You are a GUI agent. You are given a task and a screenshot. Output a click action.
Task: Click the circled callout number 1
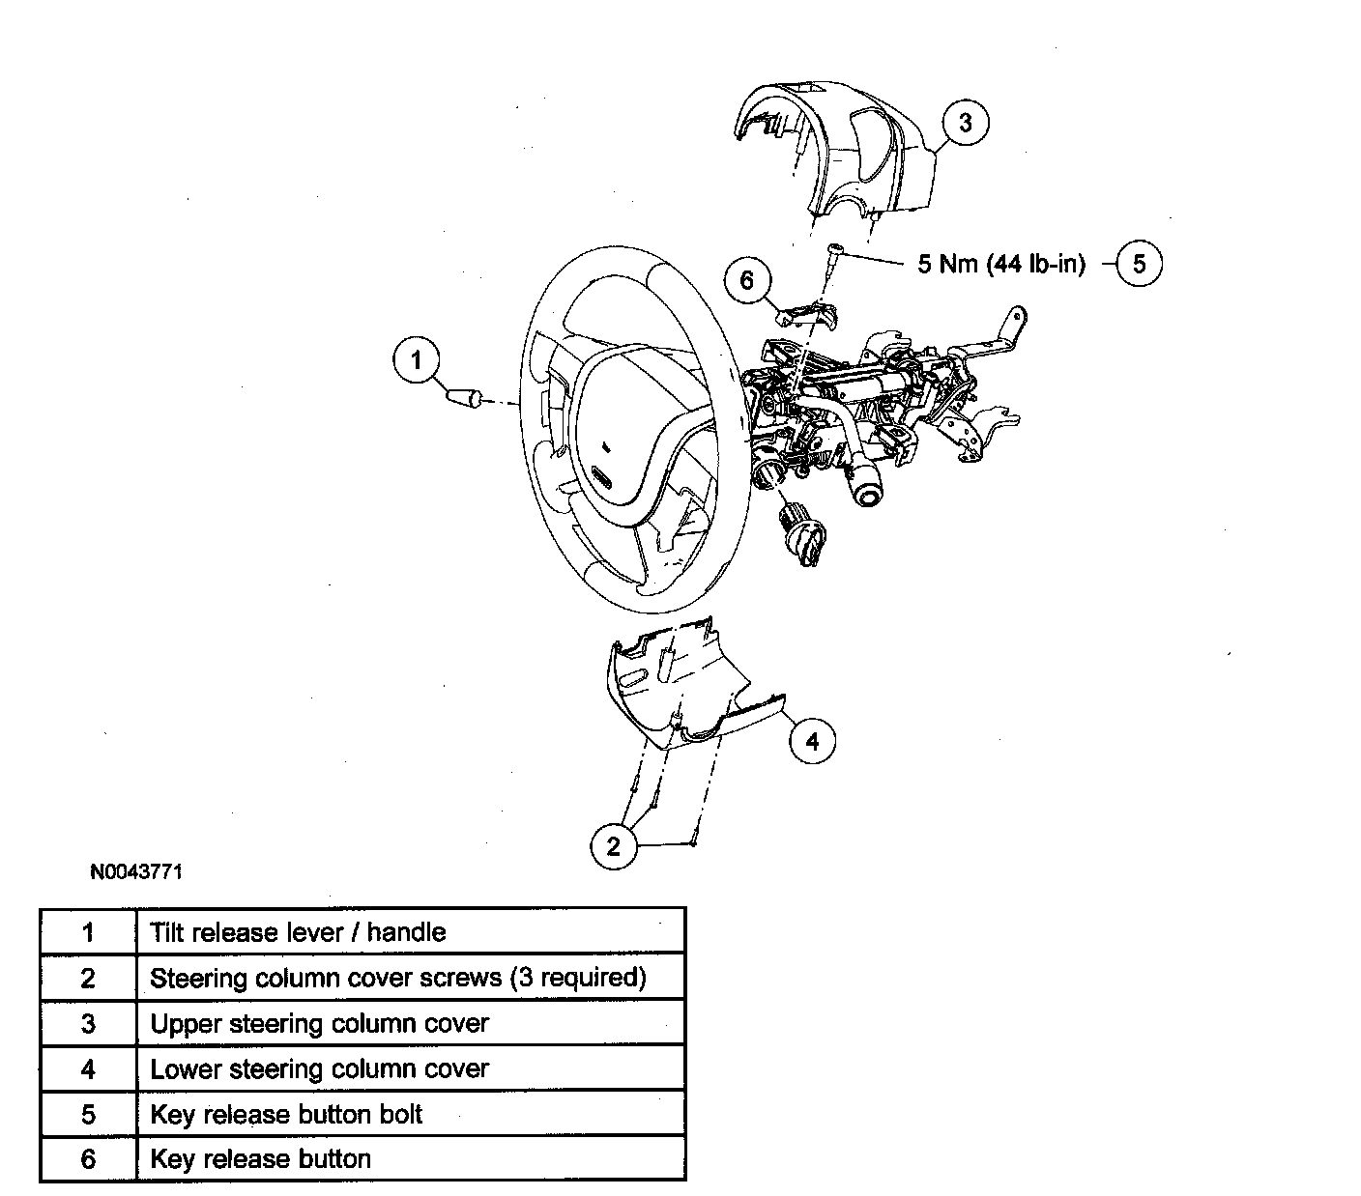click(x=417, y=360)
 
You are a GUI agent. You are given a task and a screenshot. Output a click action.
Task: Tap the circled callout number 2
click(x=613, y=847)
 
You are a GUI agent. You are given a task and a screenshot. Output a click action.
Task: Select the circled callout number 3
click(x=965, y=123)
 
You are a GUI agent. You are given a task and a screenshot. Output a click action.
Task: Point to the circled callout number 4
click(x=812, y=741)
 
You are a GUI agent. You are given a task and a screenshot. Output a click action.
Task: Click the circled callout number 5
click(x=1139, y=264)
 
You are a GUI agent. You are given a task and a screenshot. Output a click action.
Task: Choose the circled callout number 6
click(x=747, y=281)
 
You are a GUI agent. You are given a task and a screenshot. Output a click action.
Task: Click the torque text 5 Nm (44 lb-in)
click(x=1000, y=264)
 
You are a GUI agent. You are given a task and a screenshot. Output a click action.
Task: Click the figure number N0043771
click(x=136, y=871)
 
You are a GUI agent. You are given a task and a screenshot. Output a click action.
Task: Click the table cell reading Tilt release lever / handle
click(x=298, y=932)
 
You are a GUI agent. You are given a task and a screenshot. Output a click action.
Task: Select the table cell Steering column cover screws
click(x=397, y=978)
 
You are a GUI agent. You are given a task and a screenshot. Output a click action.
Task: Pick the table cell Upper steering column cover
click(x=319, y=1023)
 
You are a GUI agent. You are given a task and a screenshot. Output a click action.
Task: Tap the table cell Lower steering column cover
click(x=319, y=1068)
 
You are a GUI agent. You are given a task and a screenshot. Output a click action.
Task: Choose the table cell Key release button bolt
click(x=286, y=1114)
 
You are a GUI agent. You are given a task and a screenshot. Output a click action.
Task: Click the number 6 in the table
click(x=88, y=1159)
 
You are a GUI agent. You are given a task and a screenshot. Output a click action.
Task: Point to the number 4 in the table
click(x=88, y=1068)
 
